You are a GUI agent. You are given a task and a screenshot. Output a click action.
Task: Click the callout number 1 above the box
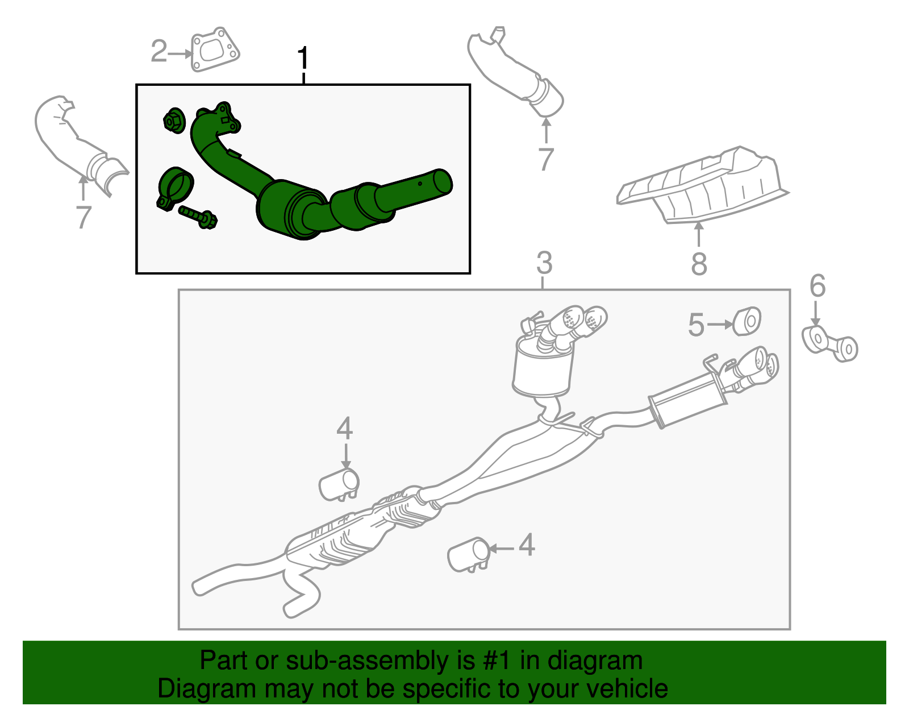click(303, 59)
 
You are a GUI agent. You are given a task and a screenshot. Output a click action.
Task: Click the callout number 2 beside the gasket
click(159, 52)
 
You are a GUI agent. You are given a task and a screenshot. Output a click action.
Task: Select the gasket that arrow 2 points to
click(215, 49)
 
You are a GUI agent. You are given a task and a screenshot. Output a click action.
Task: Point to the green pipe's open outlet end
click(443, 181)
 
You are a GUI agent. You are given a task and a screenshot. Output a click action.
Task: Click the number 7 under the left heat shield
click(84, 217)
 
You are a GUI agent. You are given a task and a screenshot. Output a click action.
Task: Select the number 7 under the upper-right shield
click(545, 159)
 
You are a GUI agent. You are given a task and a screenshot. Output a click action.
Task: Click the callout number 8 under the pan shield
click(699, 264)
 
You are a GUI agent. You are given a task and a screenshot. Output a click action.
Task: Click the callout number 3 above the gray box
click(544, 264)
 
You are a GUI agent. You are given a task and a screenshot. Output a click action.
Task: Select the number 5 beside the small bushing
click(696, 325)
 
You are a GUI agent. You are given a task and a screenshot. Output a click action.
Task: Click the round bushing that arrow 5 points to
click(747, 321)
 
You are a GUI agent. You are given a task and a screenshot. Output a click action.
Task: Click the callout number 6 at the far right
click(817, 286)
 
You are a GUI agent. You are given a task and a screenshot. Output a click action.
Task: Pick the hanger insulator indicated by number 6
click(829, 342)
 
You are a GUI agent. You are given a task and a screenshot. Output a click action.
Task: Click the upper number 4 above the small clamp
click(344, 428)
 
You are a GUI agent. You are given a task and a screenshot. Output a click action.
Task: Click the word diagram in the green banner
click(595, 661)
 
